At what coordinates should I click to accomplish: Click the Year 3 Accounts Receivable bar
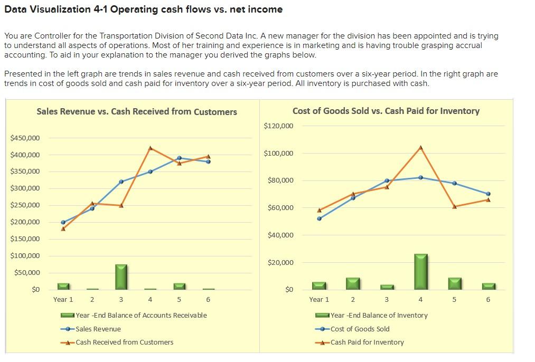pos(121,277)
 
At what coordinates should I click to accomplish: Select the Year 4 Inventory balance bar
pos(420,271)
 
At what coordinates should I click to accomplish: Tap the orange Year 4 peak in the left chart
pos(151,148)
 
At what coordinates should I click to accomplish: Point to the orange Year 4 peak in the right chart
pos(420,147)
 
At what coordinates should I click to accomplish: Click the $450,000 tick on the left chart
pos(25,138)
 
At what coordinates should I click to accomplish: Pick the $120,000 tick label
pos(278,126)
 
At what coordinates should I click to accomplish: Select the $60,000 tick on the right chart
pos(280,208)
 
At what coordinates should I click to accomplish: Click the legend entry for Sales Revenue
pos(98,329)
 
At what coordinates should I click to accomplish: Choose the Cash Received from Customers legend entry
pos(124,342)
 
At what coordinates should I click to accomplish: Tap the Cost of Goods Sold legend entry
pos(360,329)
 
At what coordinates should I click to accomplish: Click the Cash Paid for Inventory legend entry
pos(367,342)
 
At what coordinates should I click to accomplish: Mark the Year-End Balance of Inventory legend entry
pos(379,315)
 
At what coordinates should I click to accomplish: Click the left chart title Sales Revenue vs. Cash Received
pos(137,111)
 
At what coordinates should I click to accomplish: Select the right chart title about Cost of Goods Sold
pos(386,111)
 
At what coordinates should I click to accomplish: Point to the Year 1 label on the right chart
pos(319,299)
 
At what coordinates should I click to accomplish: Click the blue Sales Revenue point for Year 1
pos(63,222)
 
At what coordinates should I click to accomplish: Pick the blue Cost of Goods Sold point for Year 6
pos(488,194)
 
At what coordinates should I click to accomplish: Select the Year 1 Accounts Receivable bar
pos(63,286)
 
